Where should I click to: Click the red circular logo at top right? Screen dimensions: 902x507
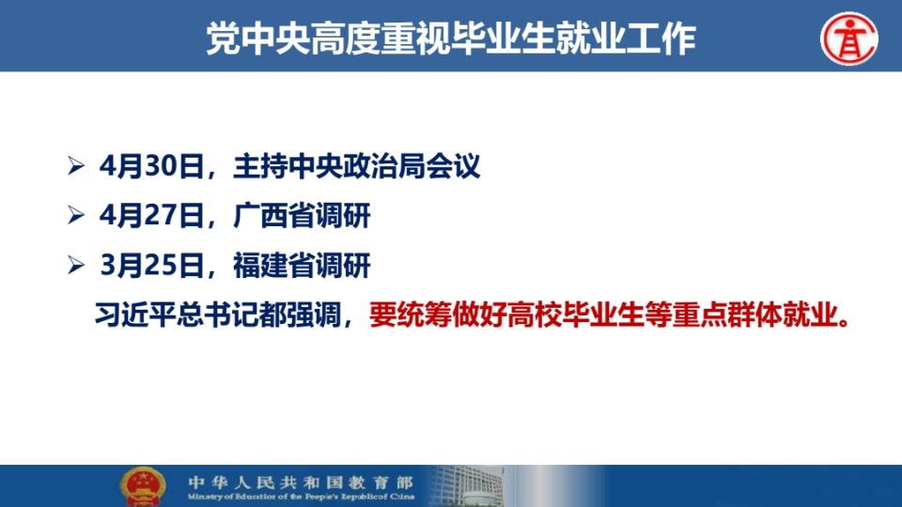point(849,38)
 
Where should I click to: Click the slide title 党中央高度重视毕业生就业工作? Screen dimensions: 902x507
point(451,39)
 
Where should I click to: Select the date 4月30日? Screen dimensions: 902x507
point(151,167)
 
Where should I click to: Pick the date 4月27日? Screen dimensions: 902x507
point(151,216)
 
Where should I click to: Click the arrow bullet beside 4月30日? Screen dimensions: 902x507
point(76,166)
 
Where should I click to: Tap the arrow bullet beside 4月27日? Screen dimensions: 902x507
point(76,216)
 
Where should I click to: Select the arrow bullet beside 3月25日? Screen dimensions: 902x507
point(76,265)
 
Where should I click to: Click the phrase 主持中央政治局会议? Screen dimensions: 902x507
point(357,167)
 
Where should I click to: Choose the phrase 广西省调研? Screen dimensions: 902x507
point(302,216)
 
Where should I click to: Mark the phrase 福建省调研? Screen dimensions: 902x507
point(302,266)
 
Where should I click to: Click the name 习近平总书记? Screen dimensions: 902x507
point(163,315)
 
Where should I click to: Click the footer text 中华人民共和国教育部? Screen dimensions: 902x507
point(301,482)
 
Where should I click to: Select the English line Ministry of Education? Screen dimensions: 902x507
point(301,497)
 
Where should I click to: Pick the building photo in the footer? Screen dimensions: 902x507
point(467,486)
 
